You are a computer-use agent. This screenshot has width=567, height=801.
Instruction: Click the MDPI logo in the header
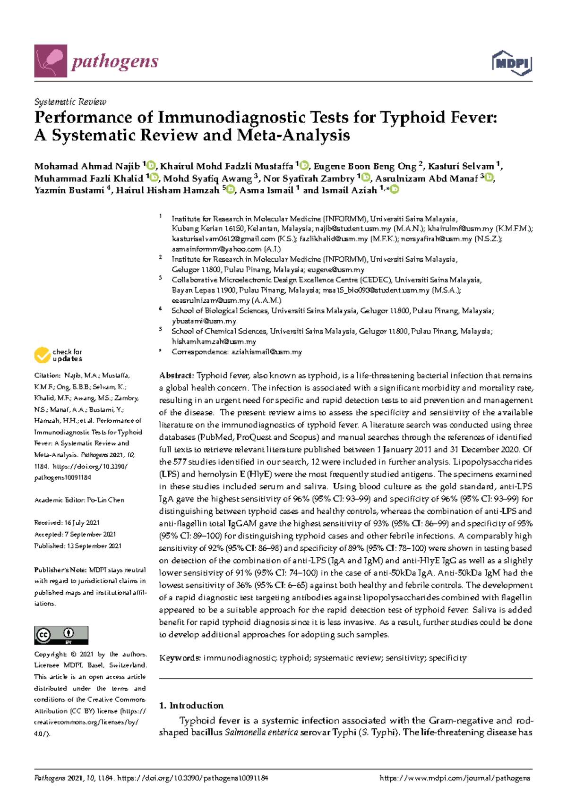[x=512, y=63]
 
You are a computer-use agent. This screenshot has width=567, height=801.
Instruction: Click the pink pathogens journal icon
[x=51, y=61]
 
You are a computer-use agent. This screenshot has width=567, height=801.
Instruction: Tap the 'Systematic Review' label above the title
[x=70, y=102]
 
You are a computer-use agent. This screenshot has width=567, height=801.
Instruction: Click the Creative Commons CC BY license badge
[x=61, y=635]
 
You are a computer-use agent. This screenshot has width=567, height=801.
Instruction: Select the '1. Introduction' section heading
[x=191, y=706]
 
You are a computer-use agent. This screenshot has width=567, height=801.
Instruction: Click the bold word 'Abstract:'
[x=177, y=376]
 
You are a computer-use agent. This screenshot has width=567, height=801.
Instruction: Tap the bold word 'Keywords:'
[x=180, y=658]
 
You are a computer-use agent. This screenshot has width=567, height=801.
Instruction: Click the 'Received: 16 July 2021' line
[x=67, y=523]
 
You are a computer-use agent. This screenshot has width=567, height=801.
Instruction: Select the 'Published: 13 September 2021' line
[x=77, y=546]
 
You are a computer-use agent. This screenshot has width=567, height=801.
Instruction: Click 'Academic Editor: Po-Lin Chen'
[x=79, y=500]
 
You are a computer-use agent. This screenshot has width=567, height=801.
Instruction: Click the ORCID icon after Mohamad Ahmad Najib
[x=151, y=166]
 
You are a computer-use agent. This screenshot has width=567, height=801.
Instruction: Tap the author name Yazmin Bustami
[x=69, y=190]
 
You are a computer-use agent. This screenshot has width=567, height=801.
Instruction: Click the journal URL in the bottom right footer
[x=455, y=778]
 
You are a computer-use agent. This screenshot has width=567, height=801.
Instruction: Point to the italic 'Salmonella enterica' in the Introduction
[x=261, y=733]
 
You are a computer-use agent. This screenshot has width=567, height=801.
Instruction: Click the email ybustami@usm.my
[x=204, y=321]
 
